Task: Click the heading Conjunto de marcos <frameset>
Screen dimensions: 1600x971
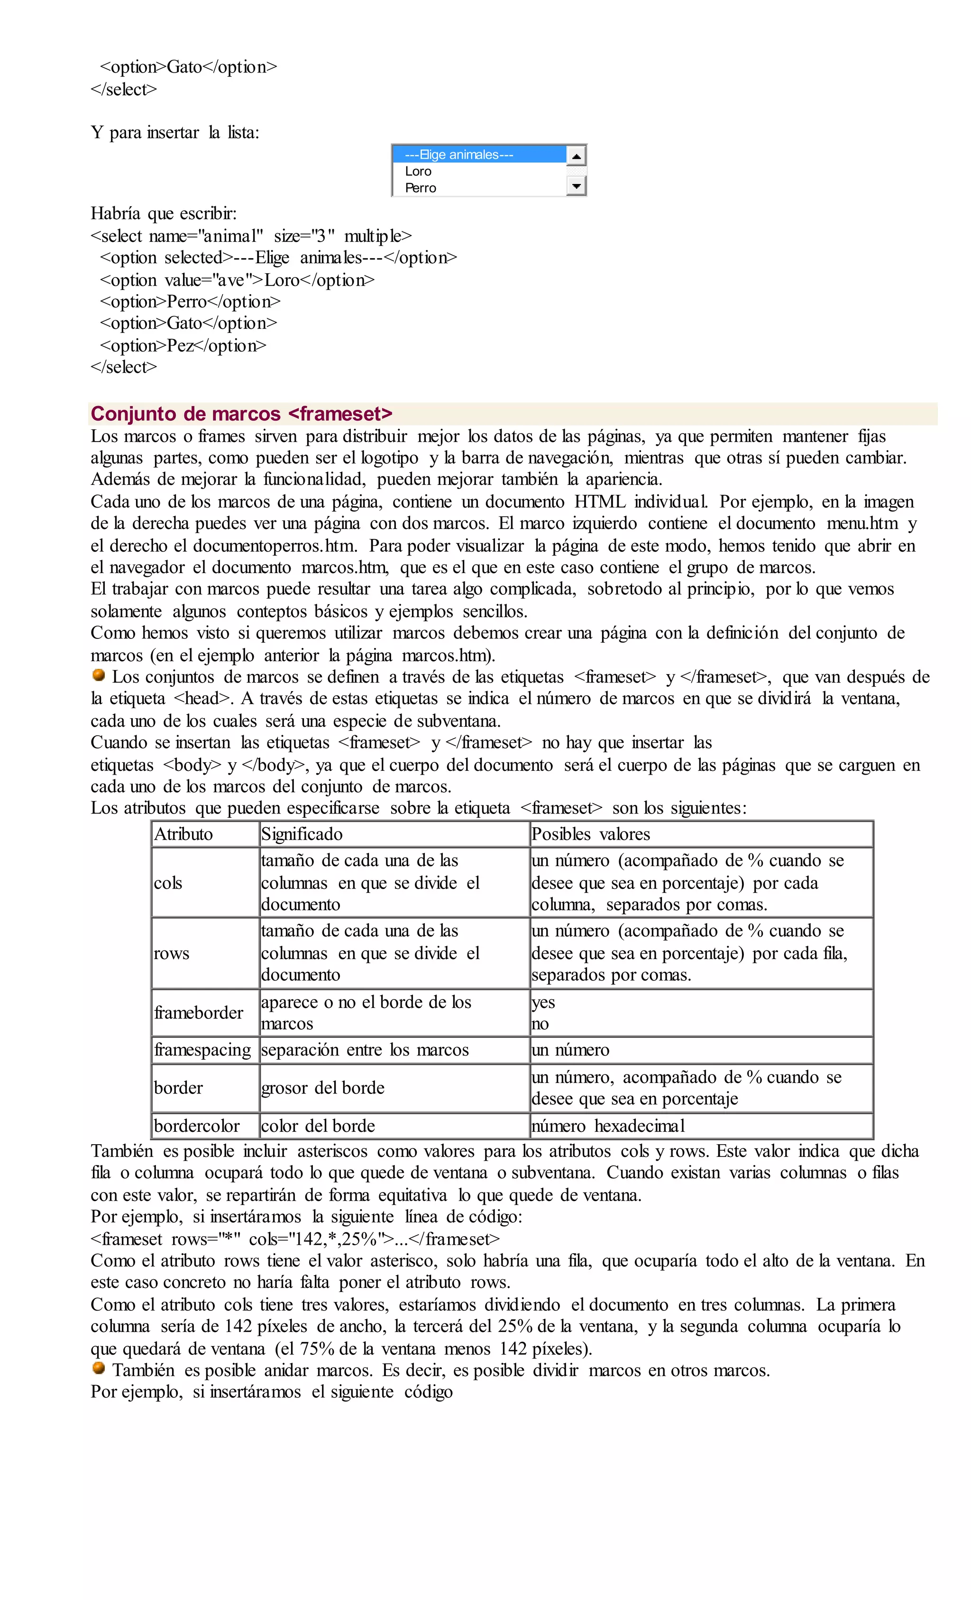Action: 241,414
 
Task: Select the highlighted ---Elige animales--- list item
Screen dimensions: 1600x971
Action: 478,155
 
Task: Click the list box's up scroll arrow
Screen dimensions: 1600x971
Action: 576,155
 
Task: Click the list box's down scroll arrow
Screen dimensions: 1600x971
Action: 576,186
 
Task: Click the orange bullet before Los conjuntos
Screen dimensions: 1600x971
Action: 99,675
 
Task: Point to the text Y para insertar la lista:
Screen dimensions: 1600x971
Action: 175,132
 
